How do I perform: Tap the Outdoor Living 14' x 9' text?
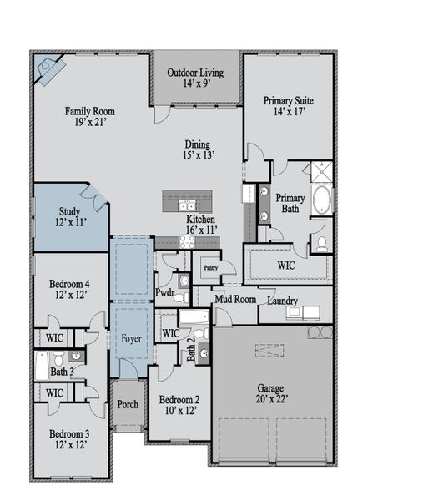(195, 78)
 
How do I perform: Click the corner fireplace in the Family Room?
(49, 69)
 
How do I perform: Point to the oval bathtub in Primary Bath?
(321, 200)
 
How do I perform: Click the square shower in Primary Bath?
(322, 172)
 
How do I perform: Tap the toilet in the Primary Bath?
(321, 244)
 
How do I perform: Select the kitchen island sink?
(187, 205)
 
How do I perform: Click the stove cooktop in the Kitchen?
(187, 242)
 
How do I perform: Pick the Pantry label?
(211, 268)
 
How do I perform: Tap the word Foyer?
(131, 339)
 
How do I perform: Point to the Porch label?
(128, 404)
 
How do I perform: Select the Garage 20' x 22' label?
(271, 394)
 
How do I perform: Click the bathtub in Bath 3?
(43, 366)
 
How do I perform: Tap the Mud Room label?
(235, 300)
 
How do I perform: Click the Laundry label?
(283, 301)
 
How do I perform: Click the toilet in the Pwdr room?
(181, 298)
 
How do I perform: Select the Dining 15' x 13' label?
(199, 149)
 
